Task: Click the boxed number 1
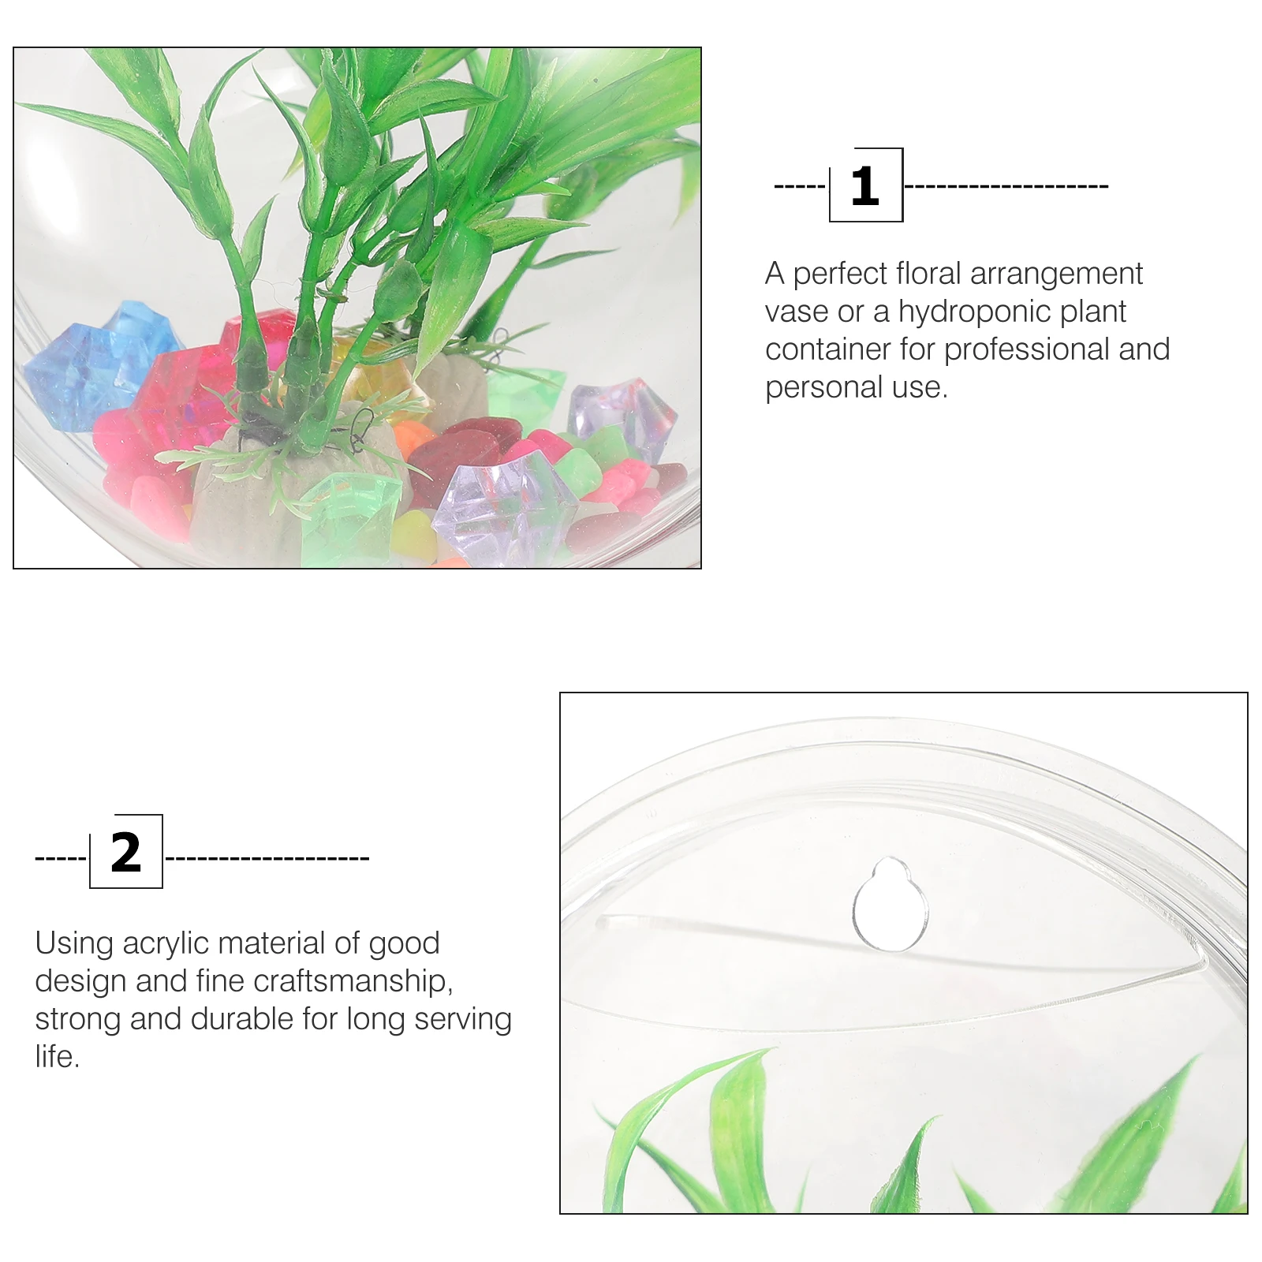pos(865,186)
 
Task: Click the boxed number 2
pos(126,852)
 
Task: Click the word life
pos(57,1057)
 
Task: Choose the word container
pos(826,349)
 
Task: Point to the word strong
pos(77,1019)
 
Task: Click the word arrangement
pos(1056,274)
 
